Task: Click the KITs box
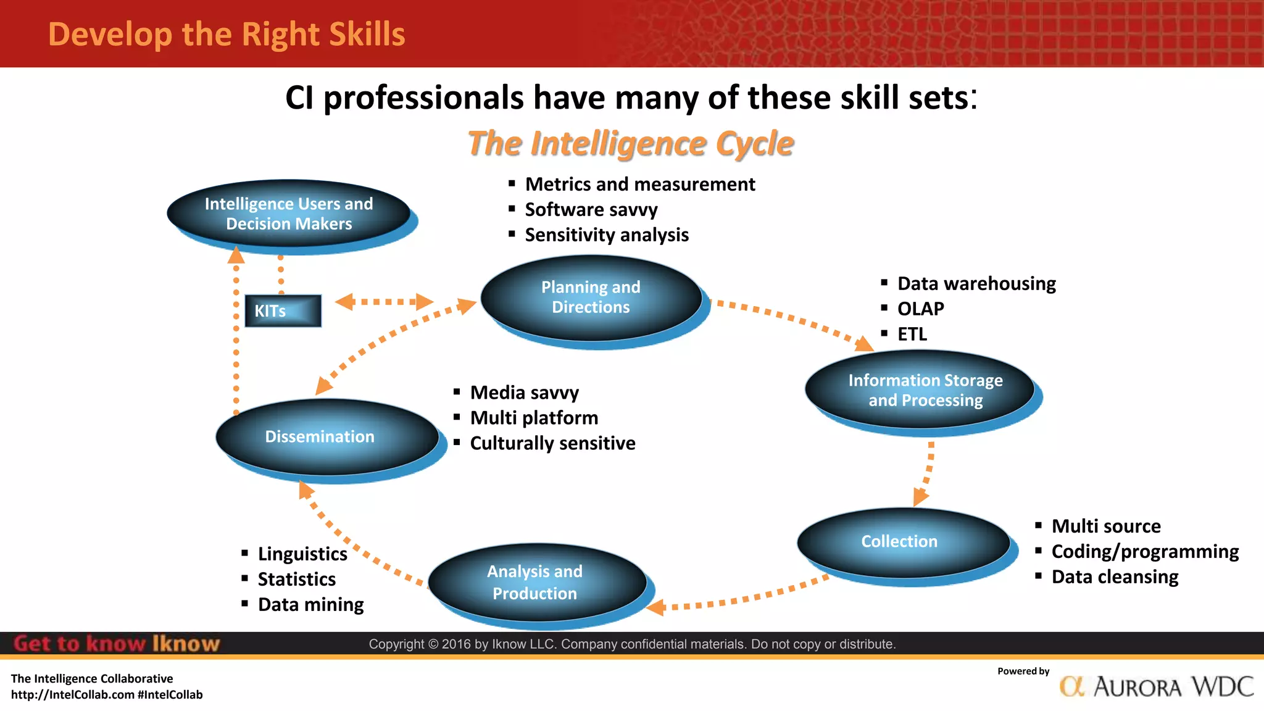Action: coord(283,310)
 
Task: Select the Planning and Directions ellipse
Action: coord(591,297)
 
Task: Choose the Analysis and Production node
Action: coord(536,582)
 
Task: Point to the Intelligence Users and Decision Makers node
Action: coord(289,214)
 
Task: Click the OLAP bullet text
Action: coord(920,309)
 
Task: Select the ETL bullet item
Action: coord(912,334)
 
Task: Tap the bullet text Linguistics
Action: coord(302,554)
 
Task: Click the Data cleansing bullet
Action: coord(1115,576)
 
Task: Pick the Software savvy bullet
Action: coord(591,210)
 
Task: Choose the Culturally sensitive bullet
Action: coord(552,443)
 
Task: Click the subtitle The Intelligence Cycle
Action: coord(630,144)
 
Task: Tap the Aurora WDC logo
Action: coord(1156,686)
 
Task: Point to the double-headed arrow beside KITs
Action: coord(384,302)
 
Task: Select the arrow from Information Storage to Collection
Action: coord(926,473)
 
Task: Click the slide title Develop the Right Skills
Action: coord(227,35)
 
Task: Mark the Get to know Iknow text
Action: coord(116,644)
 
